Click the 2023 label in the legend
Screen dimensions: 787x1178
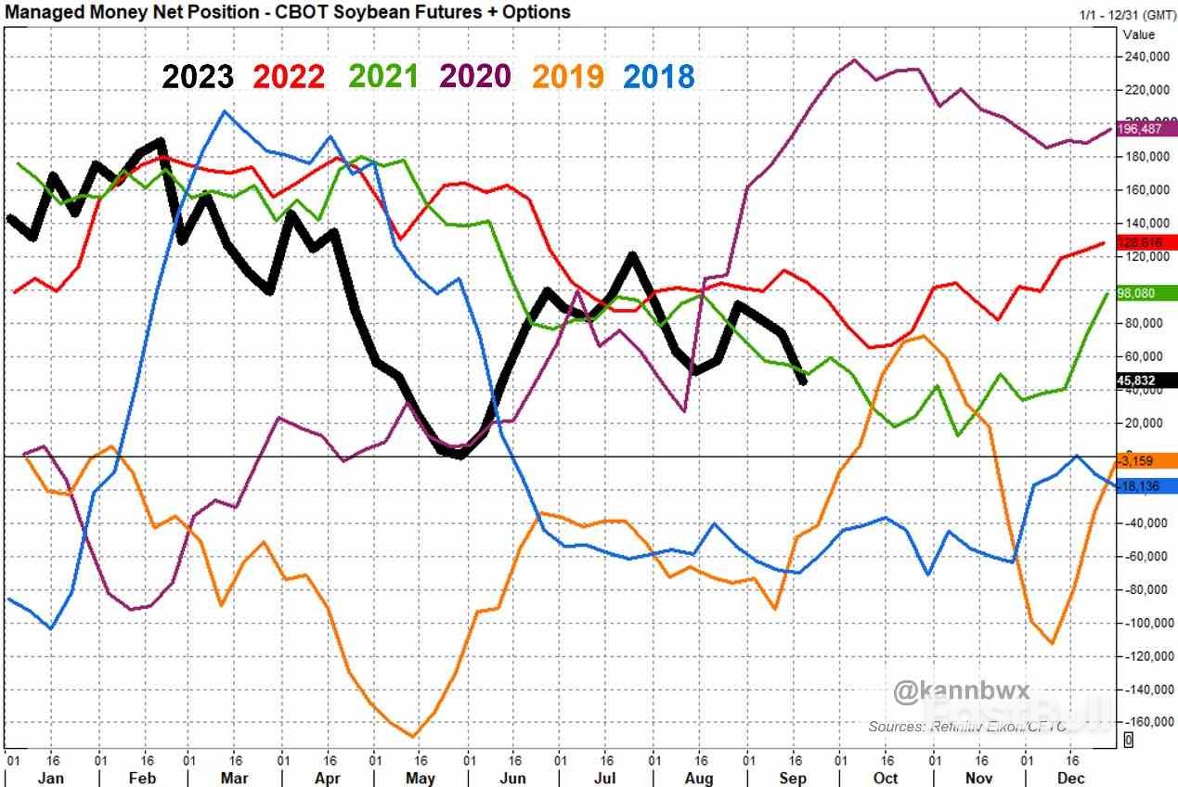pos(198,76)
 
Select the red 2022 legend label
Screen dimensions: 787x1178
pos(289,76)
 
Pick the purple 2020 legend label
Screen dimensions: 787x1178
pos(474,76)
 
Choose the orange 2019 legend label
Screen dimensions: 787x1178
pos(567,76)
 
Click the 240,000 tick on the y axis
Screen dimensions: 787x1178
pos(1146,57)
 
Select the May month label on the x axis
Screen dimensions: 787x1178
pos(420,777)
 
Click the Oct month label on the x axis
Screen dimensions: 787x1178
pos(886,777)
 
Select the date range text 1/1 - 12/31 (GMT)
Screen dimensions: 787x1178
pos(1125,15)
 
